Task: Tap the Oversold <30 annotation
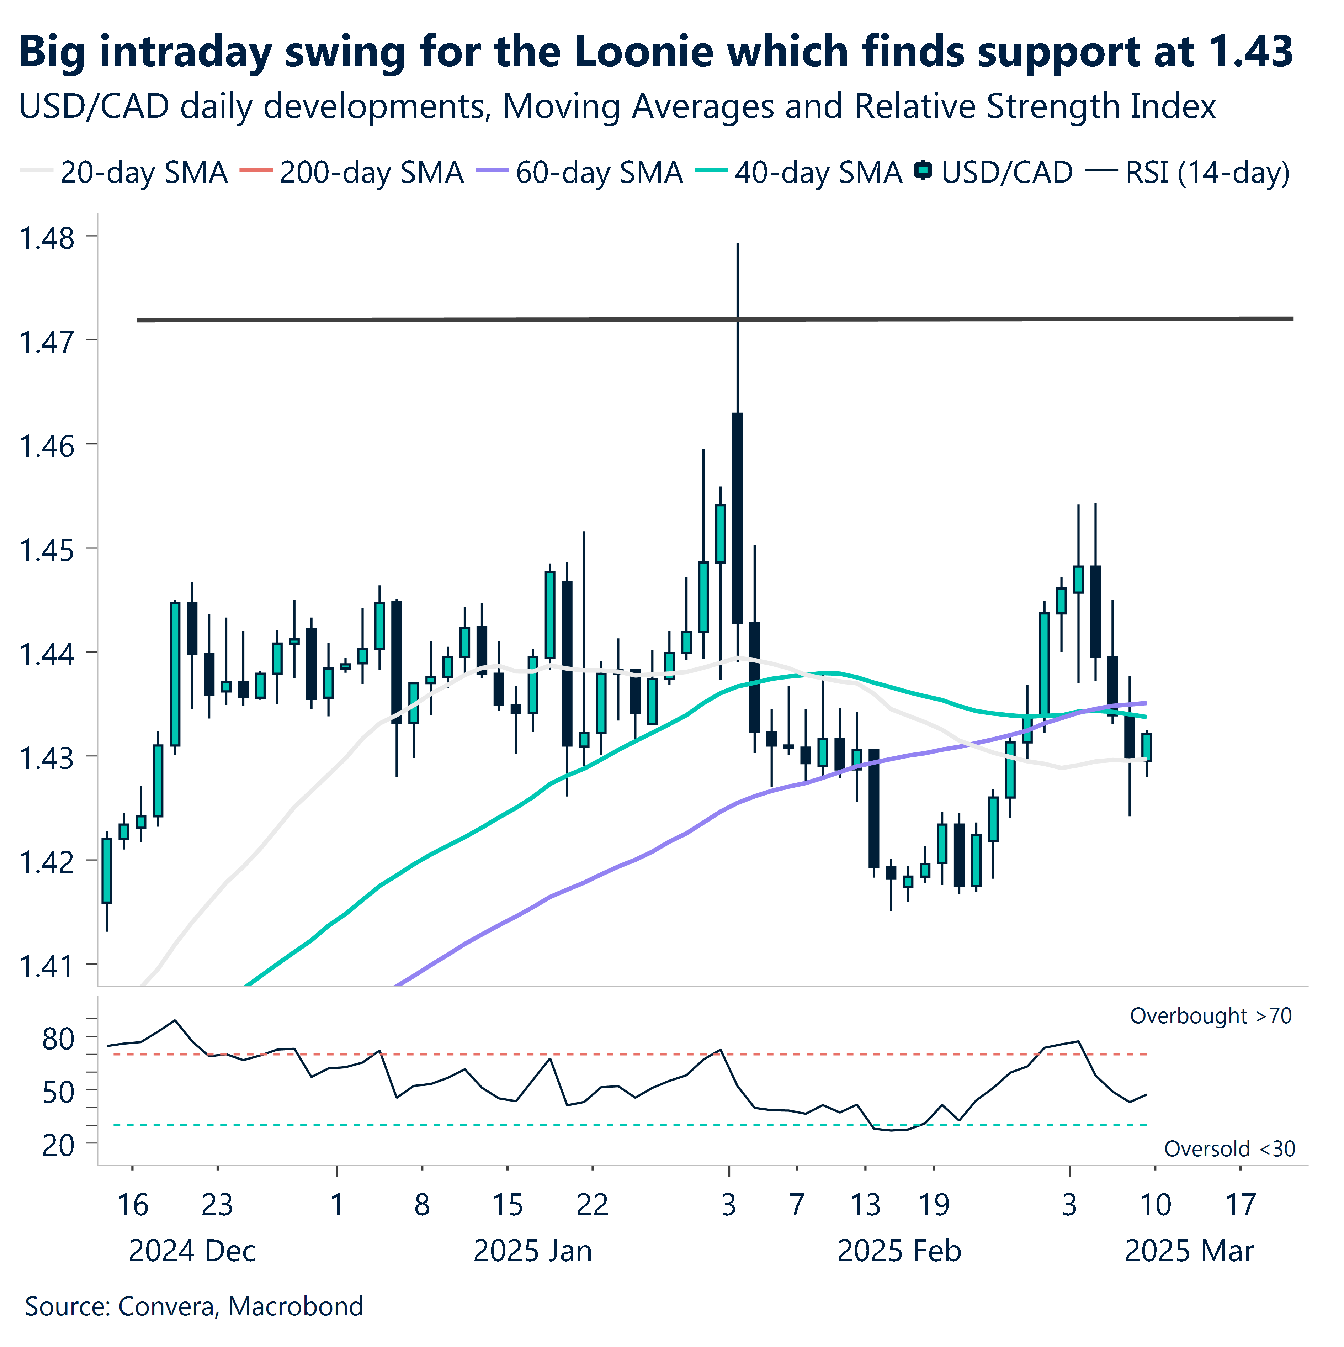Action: point(1229,1148)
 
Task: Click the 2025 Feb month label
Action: point(899,1252)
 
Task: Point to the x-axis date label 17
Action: point(1240,1205)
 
